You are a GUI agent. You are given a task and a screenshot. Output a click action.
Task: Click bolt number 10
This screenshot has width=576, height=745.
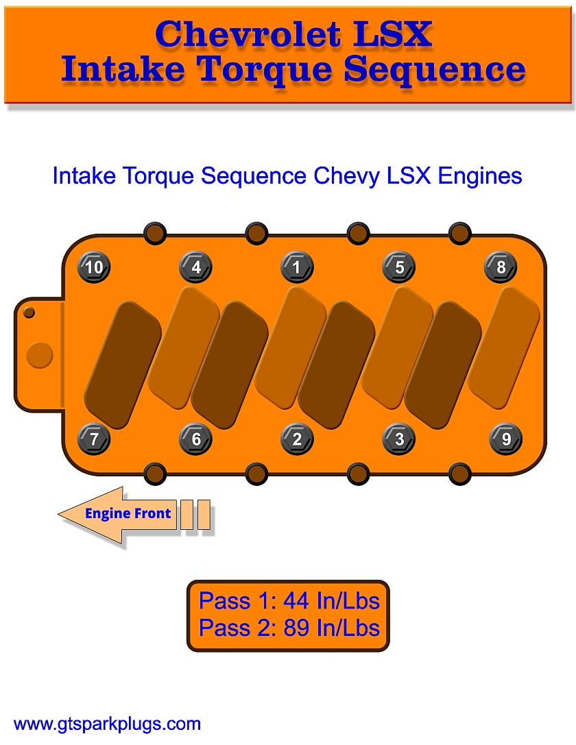(94, 267)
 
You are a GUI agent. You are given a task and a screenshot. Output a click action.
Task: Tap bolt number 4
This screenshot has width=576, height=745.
(195, 267)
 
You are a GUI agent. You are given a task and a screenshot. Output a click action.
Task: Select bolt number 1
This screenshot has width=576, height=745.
(297, 267)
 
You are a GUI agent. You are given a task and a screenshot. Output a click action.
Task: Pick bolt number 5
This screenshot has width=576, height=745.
(399, 267)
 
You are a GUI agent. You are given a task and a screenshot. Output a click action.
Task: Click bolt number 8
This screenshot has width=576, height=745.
(501, 267)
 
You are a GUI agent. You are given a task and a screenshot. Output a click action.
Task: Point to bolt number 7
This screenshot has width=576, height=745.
(94, 439)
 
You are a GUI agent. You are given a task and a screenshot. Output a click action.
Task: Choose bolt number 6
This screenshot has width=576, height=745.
(195, 439)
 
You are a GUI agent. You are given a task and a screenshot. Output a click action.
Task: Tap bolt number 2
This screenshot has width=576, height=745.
(297, 439)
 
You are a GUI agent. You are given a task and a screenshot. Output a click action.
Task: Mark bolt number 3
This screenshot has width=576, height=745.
(399, 439)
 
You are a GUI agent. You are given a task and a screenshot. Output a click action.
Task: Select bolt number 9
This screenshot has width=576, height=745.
(506, 439)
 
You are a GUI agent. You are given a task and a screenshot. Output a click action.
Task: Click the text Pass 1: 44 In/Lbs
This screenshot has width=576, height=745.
(289, 601)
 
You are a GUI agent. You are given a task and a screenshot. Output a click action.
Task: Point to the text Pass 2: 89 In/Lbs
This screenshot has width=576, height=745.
(289, 628)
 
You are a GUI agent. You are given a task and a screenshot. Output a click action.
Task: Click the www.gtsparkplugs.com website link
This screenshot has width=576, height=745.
(107, 724)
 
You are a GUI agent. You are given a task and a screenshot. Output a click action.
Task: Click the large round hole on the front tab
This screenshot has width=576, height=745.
(38, 355)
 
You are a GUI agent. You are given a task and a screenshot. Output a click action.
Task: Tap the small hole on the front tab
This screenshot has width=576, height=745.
(29, 313)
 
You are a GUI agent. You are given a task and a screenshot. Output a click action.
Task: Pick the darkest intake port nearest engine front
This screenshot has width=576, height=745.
(122, 363)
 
